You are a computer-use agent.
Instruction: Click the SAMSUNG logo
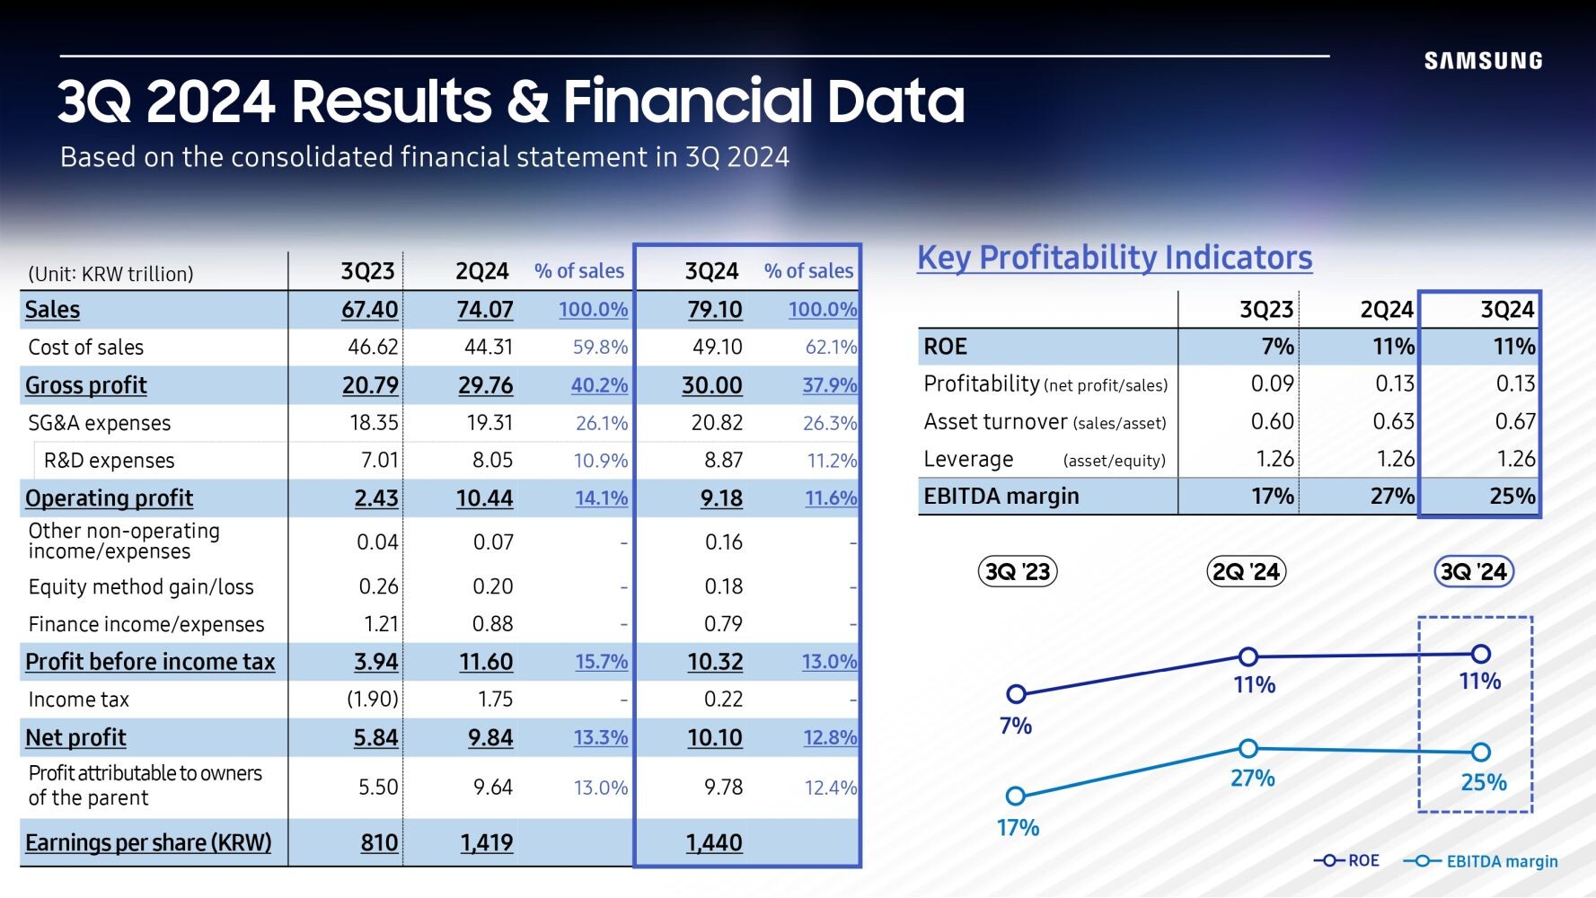[x=1483, y=61]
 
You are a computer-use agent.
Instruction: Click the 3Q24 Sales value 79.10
[x=715, y=310]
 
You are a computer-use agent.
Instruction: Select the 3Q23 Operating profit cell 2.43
[x=376, y=498]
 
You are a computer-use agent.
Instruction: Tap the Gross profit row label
[x=86, y=385]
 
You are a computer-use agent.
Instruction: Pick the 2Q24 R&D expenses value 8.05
[x=493, y=461]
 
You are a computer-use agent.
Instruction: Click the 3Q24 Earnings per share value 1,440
[x=714, y=842]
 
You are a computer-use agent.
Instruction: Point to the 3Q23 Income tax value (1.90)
[x=373, y=700]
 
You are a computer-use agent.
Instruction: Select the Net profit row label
[x=75, y=737]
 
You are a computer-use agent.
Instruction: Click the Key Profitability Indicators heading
[x=1115, y=258]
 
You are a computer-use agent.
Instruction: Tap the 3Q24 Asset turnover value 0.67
[x=1515, y=421]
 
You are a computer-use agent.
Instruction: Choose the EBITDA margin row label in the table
[x=1001, y=496]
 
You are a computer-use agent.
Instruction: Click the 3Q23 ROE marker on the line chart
[x=1016, y=694]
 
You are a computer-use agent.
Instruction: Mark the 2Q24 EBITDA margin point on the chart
[x=1248, y=748]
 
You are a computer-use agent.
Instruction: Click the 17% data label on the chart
[x=1018, y=827]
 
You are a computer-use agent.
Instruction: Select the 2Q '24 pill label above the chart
[x=1246, y=571]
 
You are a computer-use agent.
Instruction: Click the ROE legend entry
[x=1346, y=860]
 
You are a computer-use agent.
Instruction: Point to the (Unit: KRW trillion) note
[x=110, y=274]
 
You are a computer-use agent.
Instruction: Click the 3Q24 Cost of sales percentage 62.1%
[x=831, y=348]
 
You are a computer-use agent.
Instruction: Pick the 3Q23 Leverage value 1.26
[x=1274, y=459]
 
